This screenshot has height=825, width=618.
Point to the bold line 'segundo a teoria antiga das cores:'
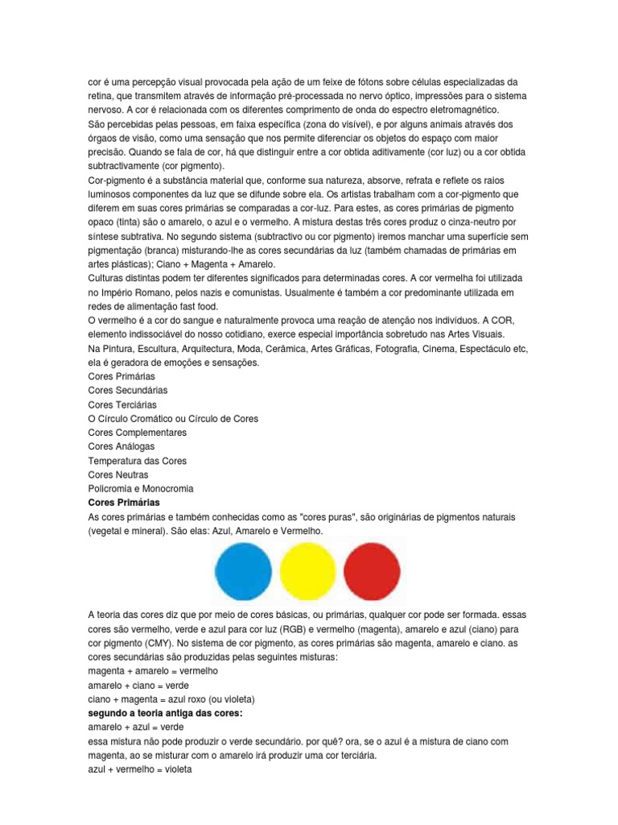pos(165,713)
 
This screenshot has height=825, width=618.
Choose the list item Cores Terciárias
pos(122,404)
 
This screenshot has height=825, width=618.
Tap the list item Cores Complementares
pos(138,432)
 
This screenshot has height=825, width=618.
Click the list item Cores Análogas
pos(122,446)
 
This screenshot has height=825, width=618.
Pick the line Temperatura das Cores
pos(138,460)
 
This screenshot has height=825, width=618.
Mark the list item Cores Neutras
pos(118,475)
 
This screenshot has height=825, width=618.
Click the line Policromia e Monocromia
pos(141,488)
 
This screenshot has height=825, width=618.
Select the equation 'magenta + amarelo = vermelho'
pos(153,671)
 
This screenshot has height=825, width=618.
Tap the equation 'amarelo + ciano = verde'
pos(138,685)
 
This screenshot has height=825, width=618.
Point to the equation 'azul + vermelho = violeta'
pos(138,769)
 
